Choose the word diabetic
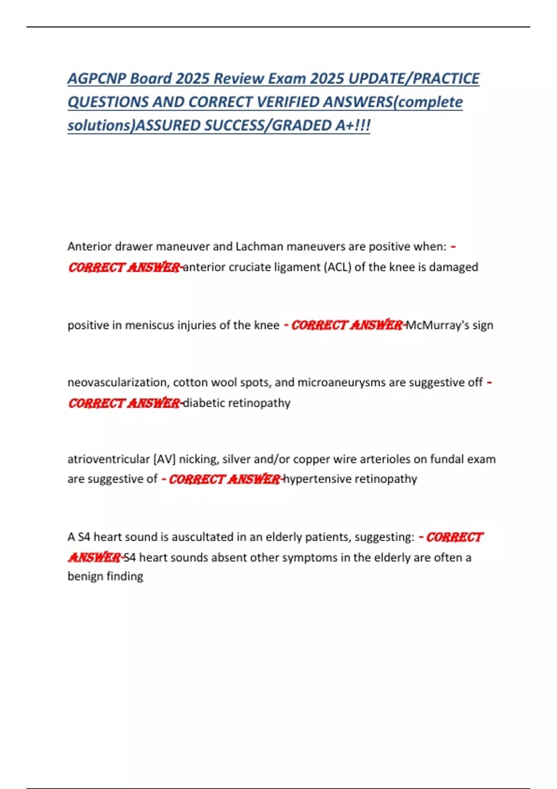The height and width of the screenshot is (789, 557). coord(204,403)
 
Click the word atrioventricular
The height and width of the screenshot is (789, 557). coord(109,459)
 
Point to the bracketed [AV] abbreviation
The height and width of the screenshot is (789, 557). coord(164,459)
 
